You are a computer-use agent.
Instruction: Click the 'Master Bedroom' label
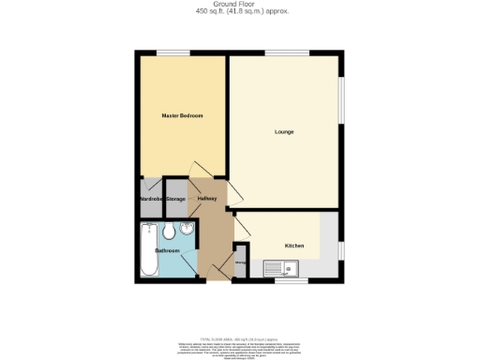tap(182, 115)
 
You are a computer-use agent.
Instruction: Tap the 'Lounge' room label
tap(284, 131)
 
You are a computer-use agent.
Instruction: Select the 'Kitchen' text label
tap(294, 246)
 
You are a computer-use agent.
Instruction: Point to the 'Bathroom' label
tap(167, 251)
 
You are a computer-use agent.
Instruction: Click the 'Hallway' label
tap(207, 199)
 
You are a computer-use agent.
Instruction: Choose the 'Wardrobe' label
tap(150, 199)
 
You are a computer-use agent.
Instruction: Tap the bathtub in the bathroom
tap(148, 250)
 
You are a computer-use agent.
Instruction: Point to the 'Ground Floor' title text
tap(240, 4)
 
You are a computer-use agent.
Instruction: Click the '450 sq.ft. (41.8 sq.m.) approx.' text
tap(240, 11)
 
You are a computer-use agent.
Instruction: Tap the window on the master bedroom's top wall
tap(170, 52)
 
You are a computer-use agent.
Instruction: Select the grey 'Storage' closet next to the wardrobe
tap(175, 198)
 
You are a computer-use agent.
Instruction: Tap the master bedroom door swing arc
tap(198, 169)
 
